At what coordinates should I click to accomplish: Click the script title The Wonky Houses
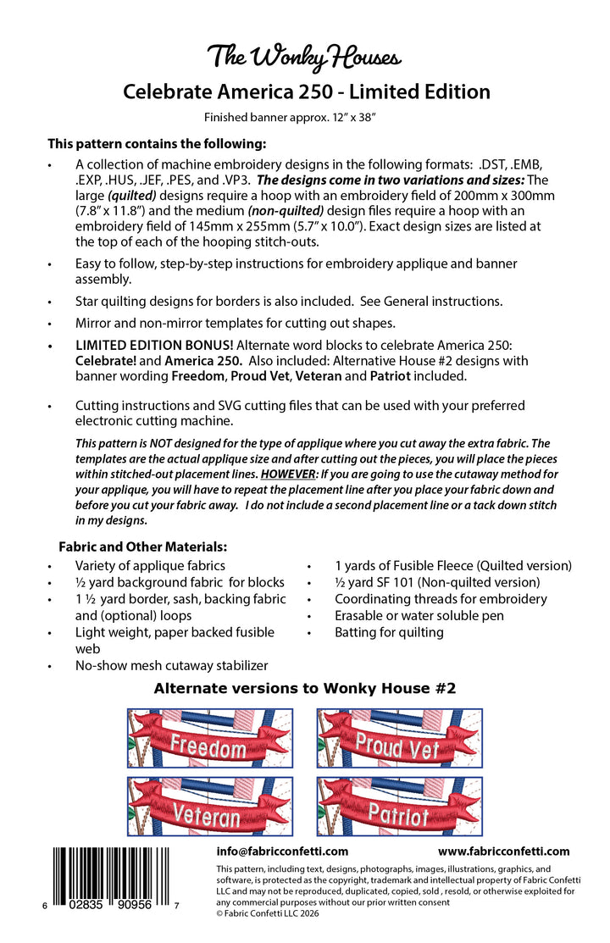coord(305,58)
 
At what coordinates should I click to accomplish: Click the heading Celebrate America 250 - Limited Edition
coord(306,92)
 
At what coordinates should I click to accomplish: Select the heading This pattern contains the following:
coord(157,143)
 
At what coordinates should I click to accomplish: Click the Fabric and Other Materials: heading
coord(142,547)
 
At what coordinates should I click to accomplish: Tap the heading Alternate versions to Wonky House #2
coord(305,689)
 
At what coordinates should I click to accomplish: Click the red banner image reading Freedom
coord(210,738)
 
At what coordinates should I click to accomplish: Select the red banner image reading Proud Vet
coord(399,738)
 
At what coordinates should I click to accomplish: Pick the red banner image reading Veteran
coord(210,807)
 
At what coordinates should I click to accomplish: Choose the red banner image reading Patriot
coord(399,807)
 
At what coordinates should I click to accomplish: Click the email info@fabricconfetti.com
coord(282,851)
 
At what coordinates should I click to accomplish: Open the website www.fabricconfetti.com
coord(503,851)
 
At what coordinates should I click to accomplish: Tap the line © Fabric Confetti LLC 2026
coord(274,913)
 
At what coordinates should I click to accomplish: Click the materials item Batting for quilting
coord(389,632)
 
